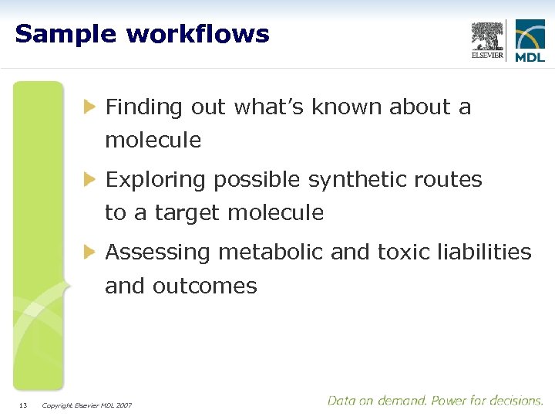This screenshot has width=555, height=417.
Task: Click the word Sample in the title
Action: click(x=65, y=34)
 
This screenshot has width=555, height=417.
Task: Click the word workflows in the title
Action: click(x=198, y=34)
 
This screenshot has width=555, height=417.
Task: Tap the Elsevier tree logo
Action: click(x=487, y=41)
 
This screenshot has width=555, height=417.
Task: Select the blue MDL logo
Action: click(x=530, y=41)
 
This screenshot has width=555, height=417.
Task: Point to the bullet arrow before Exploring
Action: click(x=91, y=179)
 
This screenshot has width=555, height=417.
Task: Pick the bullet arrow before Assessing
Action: click(x=91, y=252)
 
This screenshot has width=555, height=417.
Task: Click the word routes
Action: click(x=449, y=180)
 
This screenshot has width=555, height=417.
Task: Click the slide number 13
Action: click(x=23, y=405)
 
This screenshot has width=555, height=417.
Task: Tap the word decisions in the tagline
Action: click(x=517, y=401)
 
